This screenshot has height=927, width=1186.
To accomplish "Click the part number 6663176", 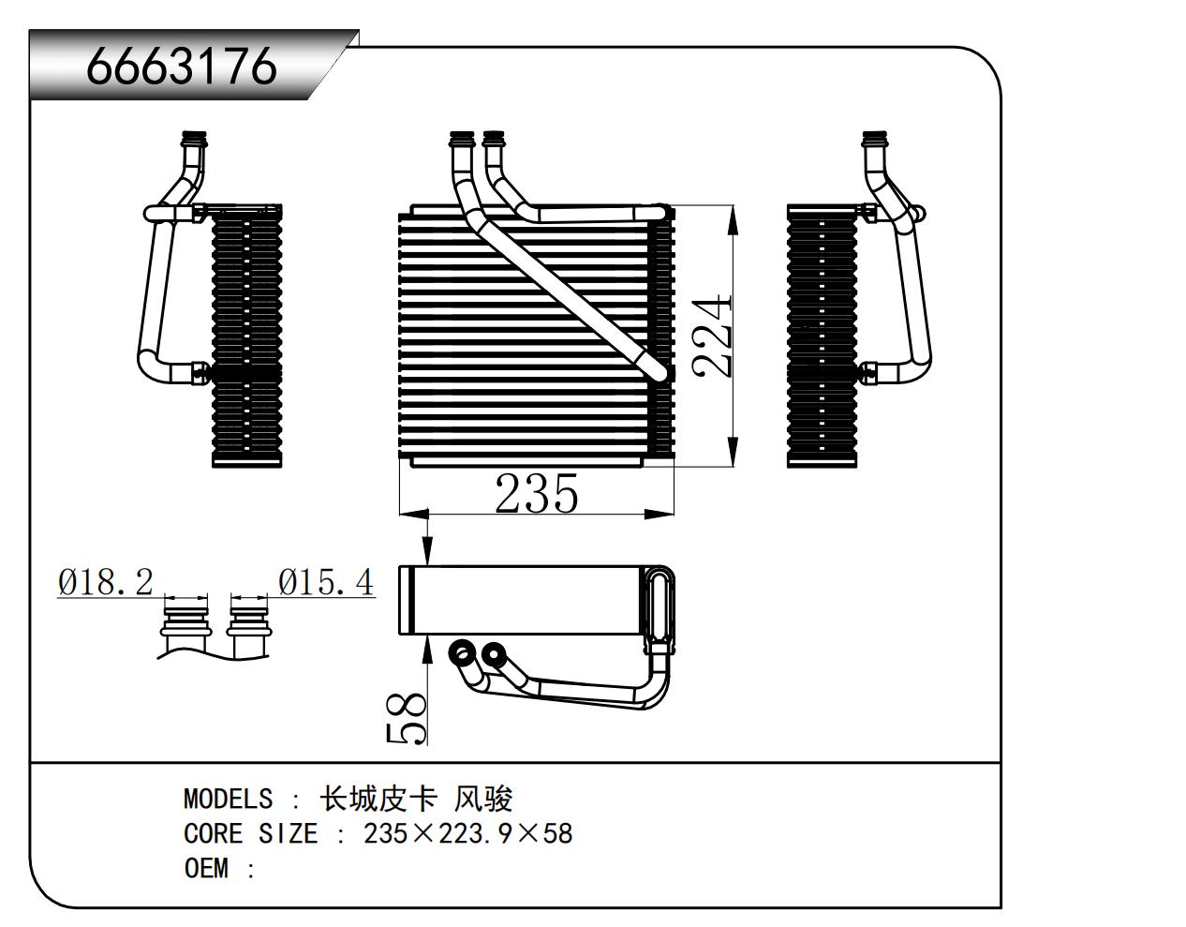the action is (x=181, y=65).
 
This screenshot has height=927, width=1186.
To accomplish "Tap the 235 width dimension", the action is (x=536, y=494).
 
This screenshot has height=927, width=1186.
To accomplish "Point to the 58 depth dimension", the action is (x=406, y=719).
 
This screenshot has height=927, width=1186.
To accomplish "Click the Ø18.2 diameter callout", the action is (x=105, y=582).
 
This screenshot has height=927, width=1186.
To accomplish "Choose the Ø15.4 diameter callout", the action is (x=326, y=582).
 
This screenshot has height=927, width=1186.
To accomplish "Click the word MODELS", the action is (x=229, y=800).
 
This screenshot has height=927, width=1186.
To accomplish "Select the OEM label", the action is (x=206, y=868).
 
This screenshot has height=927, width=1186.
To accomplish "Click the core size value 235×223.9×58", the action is (x=467, y=833).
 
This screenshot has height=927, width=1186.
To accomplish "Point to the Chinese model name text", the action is (x=416, y=800).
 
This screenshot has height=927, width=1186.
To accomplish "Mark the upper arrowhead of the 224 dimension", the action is (x=733, y=221).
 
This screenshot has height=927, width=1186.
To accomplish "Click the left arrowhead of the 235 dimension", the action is (x=414, y=515).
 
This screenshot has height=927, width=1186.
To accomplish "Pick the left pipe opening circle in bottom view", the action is (x=463, y=651).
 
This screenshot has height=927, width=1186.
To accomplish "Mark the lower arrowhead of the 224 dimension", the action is (x=733, y=452).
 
